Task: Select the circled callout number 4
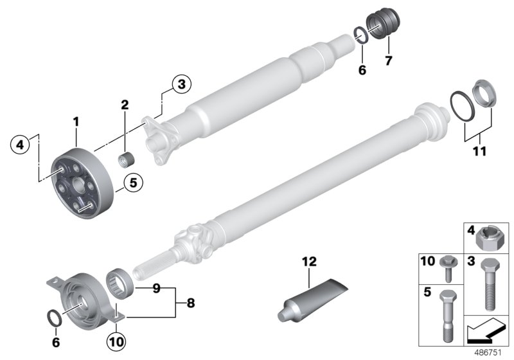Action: click(x=20, y=145)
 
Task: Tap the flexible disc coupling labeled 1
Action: click(x=81, y=176)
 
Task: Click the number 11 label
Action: click(x=478, y=153)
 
